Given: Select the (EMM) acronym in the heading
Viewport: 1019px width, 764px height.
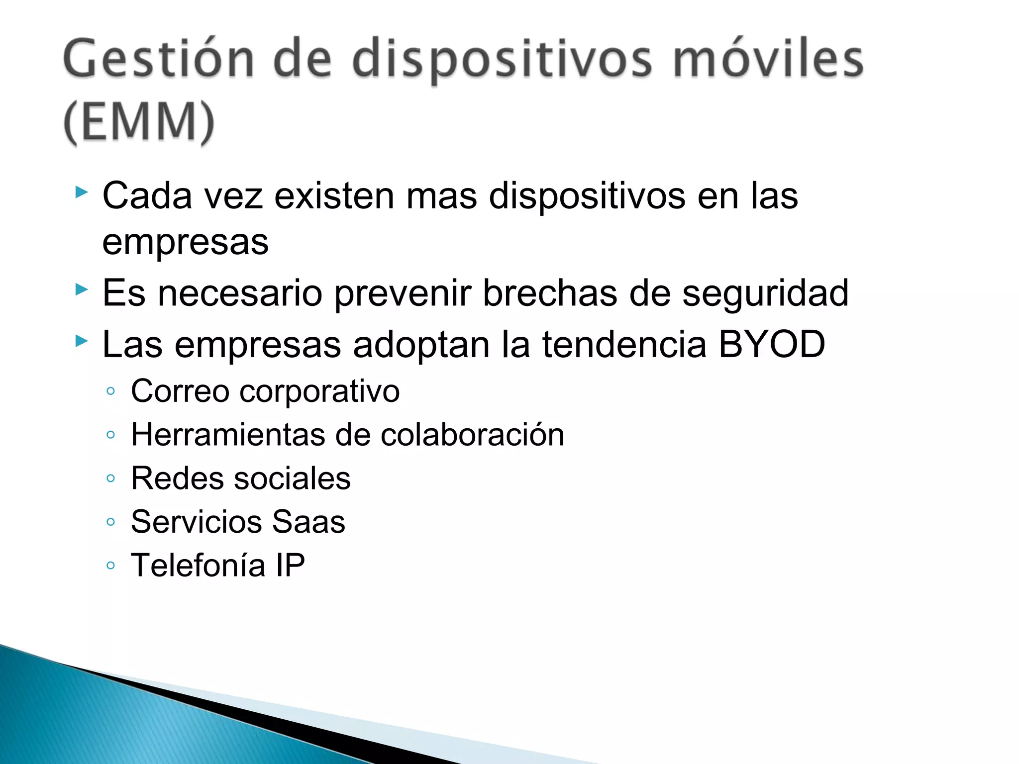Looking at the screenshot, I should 139,122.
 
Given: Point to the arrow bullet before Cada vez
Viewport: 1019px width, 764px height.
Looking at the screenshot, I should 82,192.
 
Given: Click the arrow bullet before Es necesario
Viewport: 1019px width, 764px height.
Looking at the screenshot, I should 82,289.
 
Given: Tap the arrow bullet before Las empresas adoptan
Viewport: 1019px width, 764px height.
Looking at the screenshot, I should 82,341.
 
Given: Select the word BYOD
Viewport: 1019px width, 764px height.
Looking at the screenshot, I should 772,344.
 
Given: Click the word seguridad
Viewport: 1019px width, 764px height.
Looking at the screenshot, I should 765,293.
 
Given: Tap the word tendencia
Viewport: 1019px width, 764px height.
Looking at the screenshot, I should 624,344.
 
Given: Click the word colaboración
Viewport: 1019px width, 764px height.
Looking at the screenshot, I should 472,435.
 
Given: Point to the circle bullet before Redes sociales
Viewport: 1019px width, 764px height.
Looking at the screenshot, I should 111,478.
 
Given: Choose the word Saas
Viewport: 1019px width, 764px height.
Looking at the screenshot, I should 308,522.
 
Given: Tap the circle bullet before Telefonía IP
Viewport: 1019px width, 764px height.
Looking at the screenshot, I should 111,566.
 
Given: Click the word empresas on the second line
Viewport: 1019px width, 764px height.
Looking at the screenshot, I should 185,243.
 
